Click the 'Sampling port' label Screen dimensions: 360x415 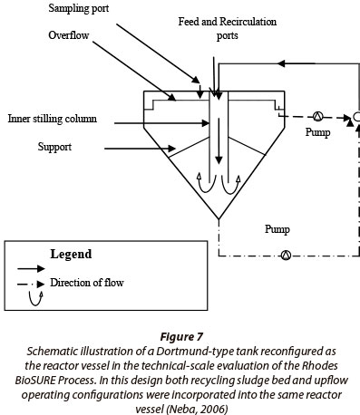click(x=79, y=8)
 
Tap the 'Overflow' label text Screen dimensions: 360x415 click(x=69, y=35)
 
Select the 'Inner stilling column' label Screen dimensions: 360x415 click(x=53, y=119)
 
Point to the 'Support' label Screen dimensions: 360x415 click(x=54, y=147)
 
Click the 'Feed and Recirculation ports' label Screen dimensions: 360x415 click(x=228, y=28)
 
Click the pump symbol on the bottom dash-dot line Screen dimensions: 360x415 click(x=286, y=256)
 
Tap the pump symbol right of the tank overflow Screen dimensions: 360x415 click(x=317, y=116)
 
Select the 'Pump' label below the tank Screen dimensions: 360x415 click(x=277, y=229)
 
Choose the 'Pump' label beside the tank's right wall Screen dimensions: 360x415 click(x=317, y=132)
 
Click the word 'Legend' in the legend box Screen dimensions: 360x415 click(x=71, y=254)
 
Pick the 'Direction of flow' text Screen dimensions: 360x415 click(x=87, y=283)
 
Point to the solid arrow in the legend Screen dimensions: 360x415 click(x=31, y=268)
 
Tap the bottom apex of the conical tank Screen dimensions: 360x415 click(x=219, y=218)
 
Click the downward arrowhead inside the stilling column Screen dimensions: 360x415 click(x=219, y=160)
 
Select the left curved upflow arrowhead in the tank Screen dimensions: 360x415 click(x=199, y=177)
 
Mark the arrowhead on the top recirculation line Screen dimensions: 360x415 click(x=281, y=63)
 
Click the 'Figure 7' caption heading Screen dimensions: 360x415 click(x=181, y=336)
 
